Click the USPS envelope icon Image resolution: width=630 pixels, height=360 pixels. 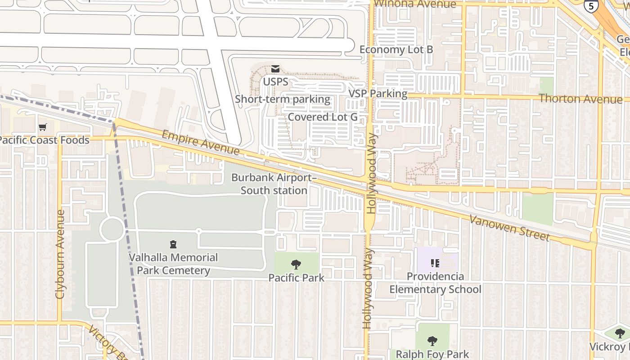[x=275, y=69]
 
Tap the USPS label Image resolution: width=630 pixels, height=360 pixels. [x=275, y=82]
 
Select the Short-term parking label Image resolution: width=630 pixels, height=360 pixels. [x=283, y=99]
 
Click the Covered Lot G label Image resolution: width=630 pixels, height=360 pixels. [x=323, y=117]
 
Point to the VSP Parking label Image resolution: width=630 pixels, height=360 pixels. [x=378, y=94]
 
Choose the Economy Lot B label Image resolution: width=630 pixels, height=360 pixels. [x=396, y=49]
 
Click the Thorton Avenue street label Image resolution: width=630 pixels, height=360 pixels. [x=580, y=98]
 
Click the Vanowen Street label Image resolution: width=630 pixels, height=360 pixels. [x=509, y=228]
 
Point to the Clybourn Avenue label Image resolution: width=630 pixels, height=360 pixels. [x=60, y=254]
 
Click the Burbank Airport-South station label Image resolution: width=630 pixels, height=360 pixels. [x=274, y=184]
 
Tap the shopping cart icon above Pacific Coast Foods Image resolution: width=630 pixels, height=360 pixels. [x=43, y=127]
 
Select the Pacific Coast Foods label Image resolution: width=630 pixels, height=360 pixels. [x=44, y=140]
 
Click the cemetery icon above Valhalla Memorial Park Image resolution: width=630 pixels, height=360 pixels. [x=173, y=244]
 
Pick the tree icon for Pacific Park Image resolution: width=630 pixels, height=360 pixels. [x=296, y=264]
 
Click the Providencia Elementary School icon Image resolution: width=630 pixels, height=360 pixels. [x=435, y=263]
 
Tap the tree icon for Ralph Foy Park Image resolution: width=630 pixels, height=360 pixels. [x=432, y=341]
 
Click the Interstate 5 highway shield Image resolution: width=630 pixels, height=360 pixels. [x=590, y=5]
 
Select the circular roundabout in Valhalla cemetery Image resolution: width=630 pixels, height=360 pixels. [x=112, y=229]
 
